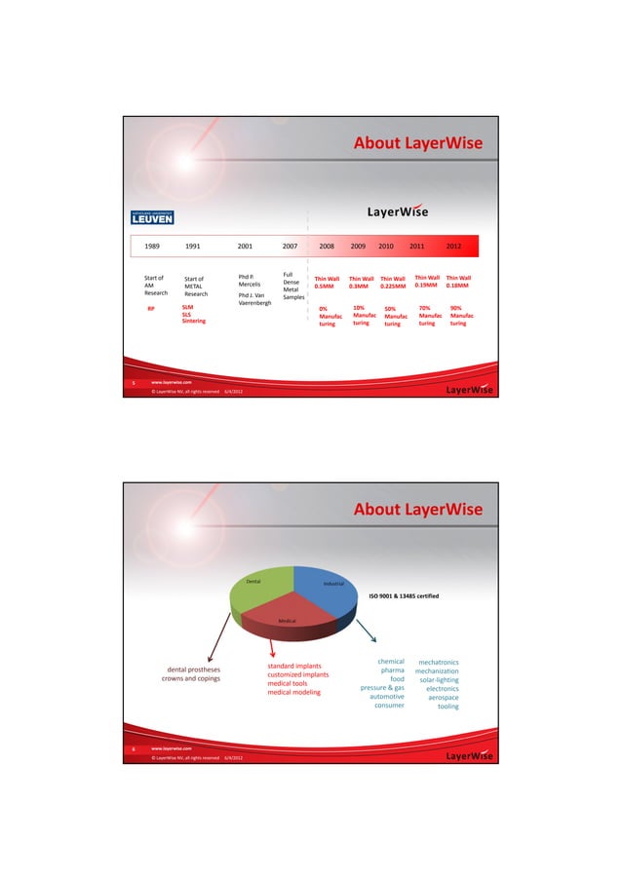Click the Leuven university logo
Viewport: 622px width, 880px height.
tap(153, 214)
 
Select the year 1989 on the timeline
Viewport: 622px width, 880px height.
tap(153, 247)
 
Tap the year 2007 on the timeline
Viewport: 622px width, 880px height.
tap(290, 247)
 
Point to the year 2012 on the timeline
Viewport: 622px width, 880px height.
tap(454, 247)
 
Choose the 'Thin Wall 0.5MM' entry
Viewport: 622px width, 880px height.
tap(327, 283)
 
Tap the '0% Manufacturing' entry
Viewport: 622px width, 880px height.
tap(327, 318)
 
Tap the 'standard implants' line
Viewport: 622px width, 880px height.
tap(294, 666)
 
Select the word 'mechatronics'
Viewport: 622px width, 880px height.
tap(438, 663)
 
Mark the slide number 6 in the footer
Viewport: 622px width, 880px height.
tap(134, 748)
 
